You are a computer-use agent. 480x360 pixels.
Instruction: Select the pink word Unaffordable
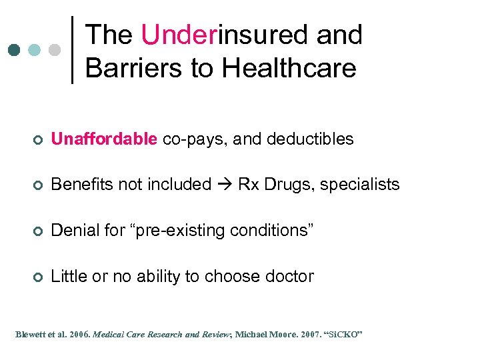tap(103, 139)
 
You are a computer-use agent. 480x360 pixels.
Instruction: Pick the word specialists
tap(359, 185)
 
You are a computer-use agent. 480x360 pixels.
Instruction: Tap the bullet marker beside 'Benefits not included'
tap(39, 185)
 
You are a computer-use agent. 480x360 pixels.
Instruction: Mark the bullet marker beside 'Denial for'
tap(39, 231)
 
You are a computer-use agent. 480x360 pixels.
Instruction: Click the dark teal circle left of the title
tap(15, 50)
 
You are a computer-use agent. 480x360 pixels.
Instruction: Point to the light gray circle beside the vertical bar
tap(55, 50)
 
